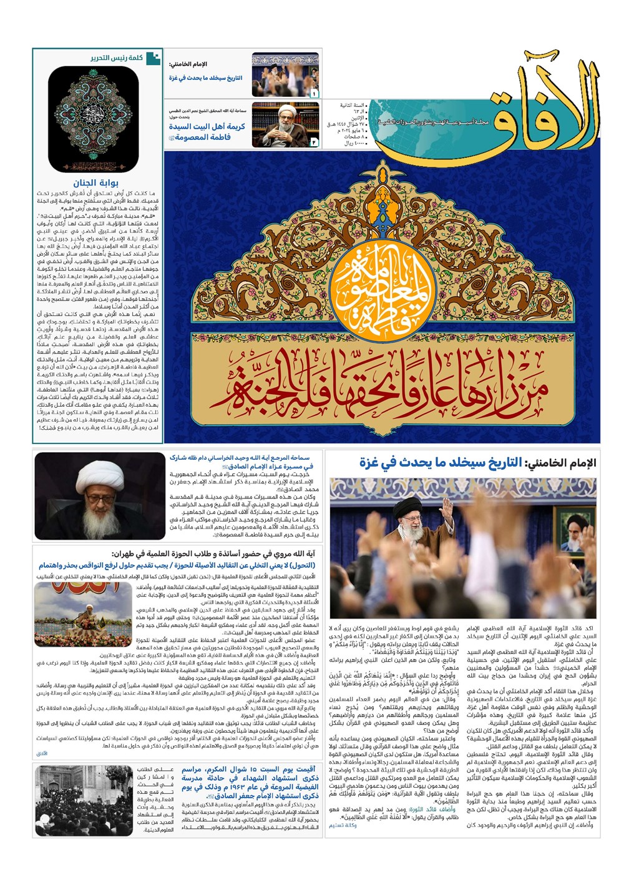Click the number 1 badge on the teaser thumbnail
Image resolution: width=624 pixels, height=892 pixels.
point(313,94)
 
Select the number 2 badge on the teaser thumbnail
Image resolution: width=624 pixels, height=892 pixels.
point(313,142)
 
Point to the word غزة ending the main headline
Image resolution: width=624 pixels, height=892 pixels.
point(373,463)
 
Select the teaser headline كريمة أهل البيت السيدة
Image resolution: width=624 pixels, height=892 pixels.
point(207,126)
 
